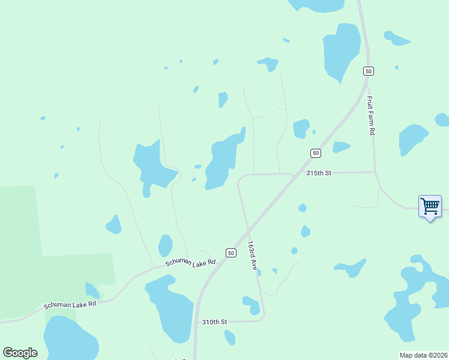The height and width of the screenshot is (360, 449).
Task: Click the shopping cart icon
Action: pos(430,206)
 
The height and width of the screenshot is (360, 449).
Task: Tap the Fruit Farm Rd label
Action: pos(372,116)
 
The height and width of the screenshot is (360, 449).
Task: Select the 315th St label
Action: pos(319,173)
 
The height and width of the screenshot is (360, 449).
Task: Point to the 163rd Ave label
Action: pos(253,256)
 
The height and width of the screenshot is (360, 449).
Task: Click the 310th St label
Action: pos(214,322)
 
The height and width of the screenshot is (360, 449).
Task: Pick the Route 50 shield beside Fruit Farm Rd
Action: pos(369,71)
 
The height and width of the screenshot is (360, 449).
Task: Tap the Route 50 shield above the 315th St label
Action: pos(315,153)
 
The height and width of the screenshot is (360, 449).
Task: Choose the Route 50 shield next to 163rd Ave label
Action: pos(231,253)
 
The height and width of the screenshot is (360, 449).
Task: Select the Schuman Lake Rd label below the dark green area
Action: pos(70,305)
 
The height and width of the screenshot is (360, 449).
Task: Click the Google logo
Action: pos(20,353)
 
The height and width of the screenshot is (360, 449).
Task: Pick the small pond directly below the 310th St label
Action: pos(229,338)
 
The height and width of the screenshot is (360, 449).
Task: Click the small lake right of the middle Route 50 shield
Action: pos(340,147)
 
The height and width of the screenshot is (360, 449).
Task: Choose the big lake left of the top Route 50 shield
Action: pos(341,52)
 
